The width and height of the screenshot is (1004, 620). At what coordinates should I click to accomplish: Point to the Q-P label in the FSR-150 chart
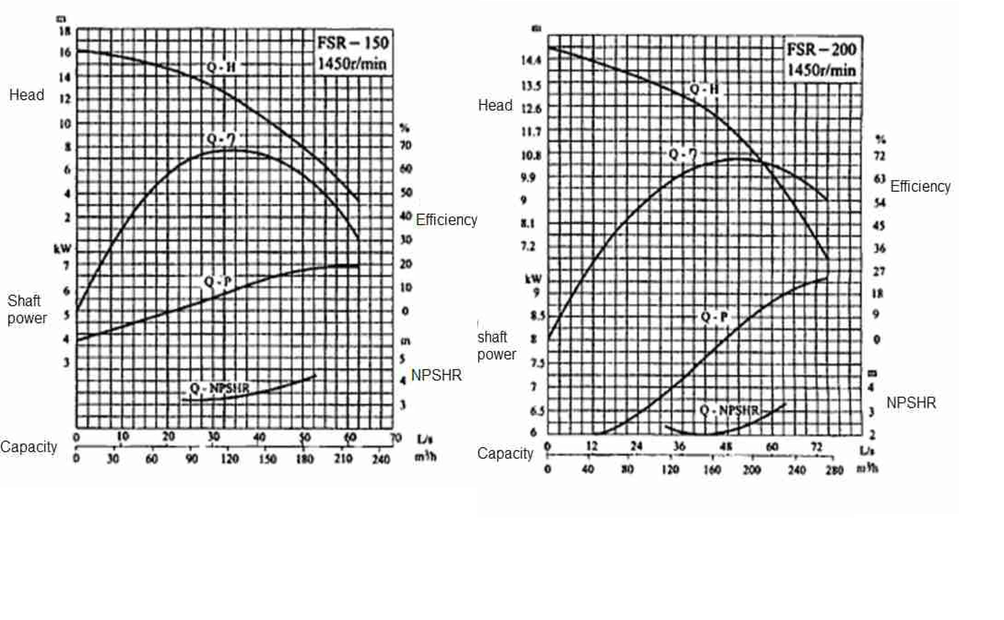coord(217,282)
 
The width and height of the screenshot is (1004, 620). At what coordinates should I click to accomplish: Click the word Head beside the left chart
coord(27,95)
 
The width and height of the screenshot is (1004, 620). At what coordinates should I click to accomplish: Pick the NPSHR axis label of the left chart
coord(436,375)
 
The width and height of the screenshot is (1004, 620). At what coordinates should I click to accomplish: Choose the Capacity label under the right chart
coord(505,453)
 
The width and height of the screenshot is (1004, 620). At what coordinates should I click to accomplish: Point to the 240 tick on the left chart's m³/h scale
coord(381,459)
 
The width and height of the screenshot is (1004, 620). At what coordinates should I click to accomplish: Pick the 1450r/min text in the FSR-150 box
coord(352,64)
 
